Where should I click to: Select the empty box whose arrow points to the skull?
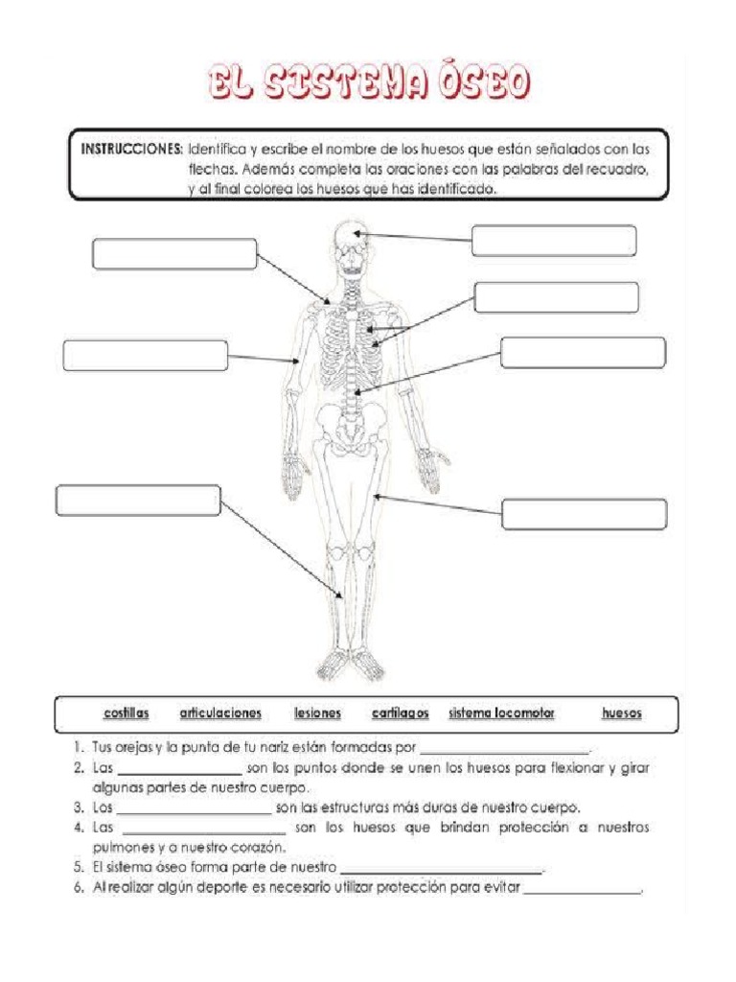click(554, 241)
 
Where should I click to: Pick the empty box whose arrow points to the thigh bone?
click(585, 514)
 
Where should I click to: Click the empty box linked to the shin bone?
click(138, 501)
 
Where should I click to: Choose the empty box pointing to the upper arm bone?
click(145, 355)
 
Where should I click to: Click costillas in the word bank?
click(126, 713)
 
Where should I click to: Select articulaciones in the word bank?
click(220, 713)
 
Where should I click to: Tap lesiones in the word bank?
click(317, 713)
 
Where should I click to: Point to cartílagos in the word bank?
click(400, 713)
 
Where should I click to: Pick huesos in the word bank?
click(622, 713)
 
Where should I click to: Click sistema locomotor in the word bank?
click(501, 713)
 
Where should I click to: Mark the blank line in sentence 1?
click(505, 751)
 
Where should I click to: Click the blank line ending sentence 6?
click(583, 893)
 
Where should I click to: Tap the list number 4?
click(78, 827)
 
